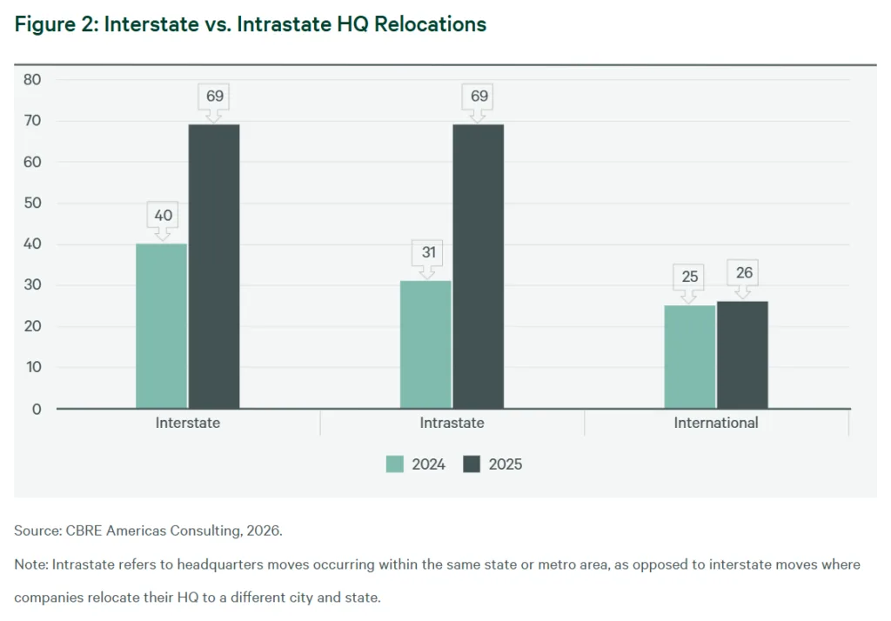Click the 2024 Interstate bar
pyautogui.click(x=162, y=325)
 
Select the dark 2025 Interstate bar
pyautogui.click(x=214, y=266)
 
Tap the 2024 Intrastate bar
pyautogui.click(x=425, y=344)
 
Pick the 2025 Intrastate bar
pyautogui.click(x=478, y=266)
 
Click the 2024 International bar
pyautogui.click(x=690, y=357)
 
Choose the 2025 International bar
pyautogui.click(x=742, y=355)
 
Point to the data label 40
pyautogui.click(x=162, y=215)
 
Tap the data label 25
pyautogui.click(x=690, y=277)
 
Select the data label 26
pyautogui.click(x=743, y=273)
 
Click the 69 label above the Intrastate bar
pyautogui.click(x=479, y=96)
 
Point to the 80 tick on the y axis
pyautogui.click(x=33, y=80)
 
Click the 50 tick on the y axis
pyautogui.click(x=33, y=204)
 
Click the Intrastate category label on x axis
pyautogui.click(x=452, y=424)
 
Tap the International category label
pyautogui.click(x=716, y=424)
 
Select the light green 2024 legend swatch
pyautogui.click(x=395, y=464)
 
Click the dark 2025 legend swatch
pyautogui.click(x=472, y=464)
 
